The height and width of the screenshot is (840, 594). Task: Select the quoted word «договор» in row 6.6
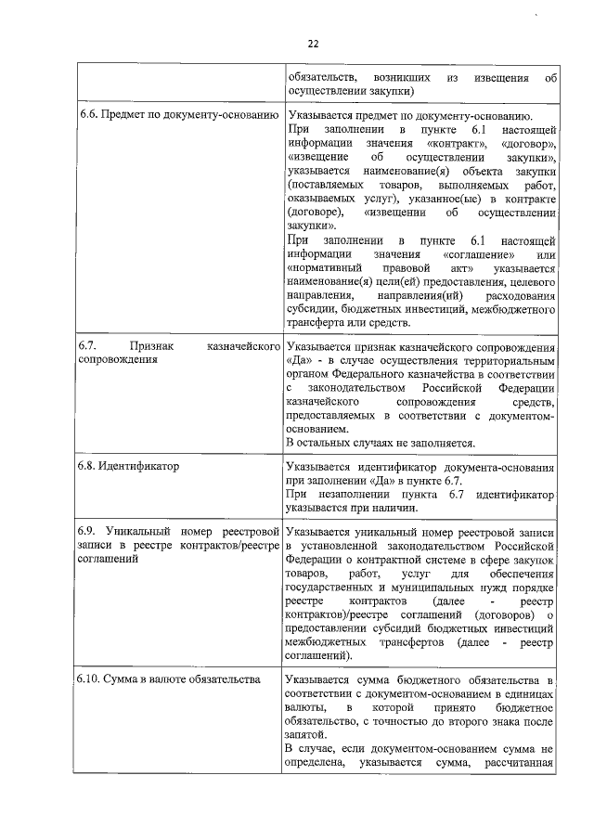527,145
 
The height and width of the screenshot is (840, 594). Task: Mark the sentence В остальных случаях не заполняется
381,444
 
